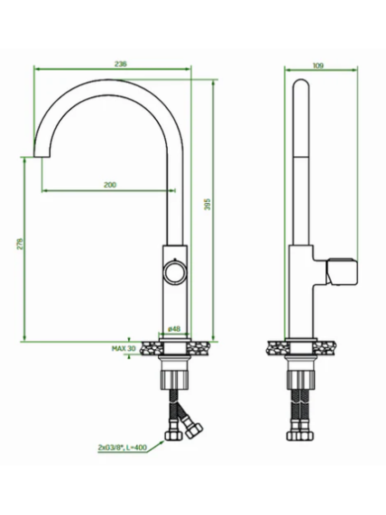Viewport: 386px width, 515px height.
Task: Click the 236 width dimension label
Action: pyautogui.click(x=121, y=64)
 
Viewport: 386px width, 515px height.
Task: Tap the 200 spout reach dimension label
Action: pyautogui.click(x=110, y=185)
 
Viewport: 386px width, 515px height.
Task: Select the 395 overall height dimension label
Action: pyautogui.click(x=207, y=205)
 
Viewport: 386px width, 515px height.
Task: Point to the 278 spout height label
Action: pyautogui.click(x=20, y=244)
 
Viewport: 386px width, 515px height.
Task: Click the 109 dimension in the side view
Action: pyautogui.click(x=318, y=65)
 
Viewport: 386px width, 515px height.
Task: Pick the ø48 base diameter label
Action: pyautogui.click(x=174, y=329)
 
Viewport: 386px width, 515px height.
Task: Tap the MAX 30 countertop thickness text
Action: pyautogui.click(x=124, y=348)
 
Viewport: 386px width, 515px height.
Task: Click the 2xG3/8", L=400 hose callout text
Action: pyautogui.click(x=123, y=447)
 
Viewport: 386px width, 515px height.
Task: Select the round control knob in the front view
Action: pyautogui.click(x=176, y=271)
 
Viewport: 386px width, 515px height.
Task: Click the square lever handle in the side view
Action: pyautogui.click(x=341, y=271)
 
